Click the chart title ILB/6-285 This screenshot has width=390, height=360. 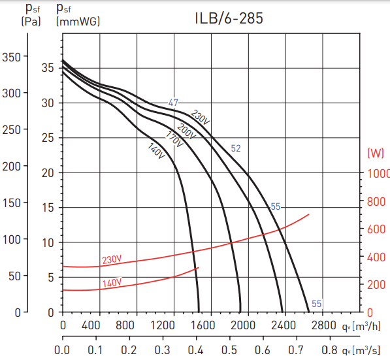pos(229,18)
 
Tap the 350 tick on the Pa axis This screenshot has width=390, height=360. pos(12,57)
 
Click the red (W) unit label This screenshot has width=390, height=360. pos(376,154)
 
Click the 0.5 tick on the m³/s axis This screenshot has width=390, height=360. pos(230,350)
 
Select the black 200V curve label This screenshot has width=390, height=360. pos(187,131)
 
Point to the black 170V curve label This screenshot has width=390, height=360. pos(174,140)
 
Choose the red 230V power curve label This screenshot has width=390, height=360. pos(112,260)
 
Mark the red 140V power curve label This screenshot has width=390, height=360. pos(112,283)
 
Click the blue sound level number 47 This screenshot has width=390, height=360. pos(173,103)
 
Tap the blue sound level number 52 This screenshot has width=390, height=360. pos(236,149)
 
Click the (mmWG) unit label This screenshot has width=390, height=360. pos(78,21)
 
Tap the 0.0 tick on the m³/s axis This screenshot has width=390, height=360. pos(63,350)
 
